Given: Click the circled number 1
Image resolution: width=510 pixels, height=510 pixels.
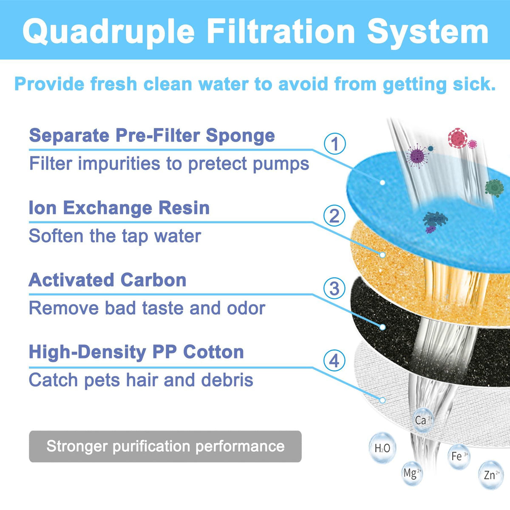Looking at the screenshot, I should tap(335, 144).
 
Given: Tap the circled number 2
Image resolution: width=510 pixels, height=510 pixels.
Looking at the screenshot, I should tap(334, 215).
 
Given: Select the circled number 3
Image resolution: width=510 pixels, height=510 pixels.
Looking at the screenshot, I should tap(334, 289).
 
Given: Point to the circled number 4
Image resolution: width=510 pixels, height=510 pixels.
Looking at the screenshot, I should tap(334, 361).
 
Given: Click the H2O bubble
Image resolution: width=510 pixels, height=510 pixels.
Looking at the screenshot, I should tap(382, 448).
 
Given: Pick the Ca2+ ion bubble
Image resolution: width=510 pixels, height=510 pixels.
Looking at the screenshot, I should tap(422, 420).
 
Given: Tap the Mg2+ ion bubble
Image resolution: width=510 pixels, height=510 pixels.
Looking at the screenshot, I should tap(411, 473).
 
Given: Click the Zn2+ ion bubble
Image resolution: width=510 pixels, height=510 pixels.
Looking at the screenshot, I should tap(490, 474).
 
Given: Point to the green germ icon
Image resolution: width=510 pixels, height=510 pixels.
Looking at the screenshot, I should tap(494, 187).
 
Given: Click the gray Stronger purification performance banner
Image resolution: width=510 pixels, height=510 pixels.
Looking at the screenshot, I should tap(165, 446).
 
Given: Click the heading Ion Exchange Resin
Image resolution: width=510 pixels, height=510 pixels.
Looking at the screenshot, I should tap(119, 208).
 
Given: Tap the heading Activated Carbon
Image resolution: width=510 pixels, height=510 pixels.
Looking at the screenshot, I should tap(108, 280).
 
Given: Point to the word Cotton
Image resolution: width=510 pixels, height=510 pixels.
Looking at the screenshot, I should tap(213, 352).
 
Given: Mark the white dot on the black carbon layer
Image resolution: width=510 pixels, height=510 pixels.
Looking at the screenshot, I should tap(382, 327).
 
